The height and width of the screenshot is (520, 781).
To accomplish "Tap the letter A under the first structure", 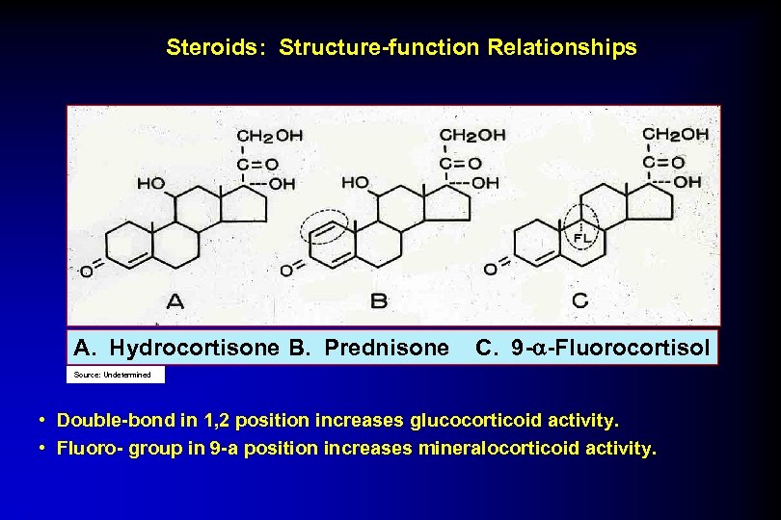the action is (x=175, y=301).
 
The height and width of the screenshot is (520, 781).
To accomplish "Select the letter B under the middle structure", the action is (x=379, y=301).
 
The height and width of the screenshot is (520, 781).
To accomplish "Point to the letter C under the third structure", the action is (x=579, y=300).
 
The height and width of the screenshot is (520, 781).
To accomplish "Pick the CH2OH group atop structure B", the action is (x=471, y=136).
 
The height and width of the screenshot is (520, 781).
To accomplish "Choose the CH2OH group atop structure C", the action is (x=675, y=134).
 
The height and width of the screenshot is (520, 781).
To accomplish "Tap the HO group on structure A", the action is (x=150, y=183).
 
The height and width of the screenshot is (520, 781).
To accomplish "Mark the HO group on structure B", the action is (x=355, y=182).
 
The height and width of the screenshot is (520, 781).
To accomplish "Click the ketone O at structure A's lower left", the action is (x=87, y=273).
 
